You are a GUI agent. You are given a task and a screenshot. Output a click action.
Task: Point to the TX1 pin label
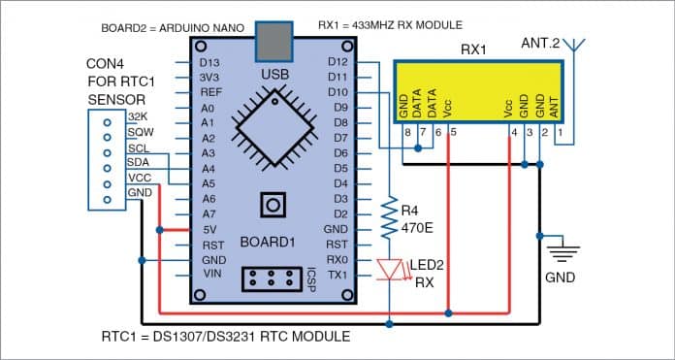(x=337, y=275)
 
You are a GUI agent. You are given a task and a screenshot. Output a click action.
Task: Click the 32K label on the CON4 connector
(x=137, y=116)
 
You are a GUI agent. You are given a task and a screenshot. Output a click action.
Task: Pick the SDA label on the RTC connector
(x=137, y=163)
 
